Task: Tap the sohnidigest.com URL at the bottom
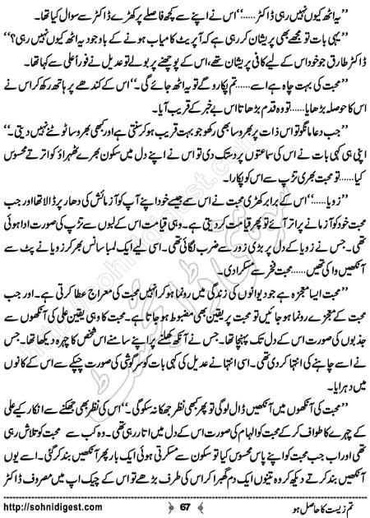click(61, 503)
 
